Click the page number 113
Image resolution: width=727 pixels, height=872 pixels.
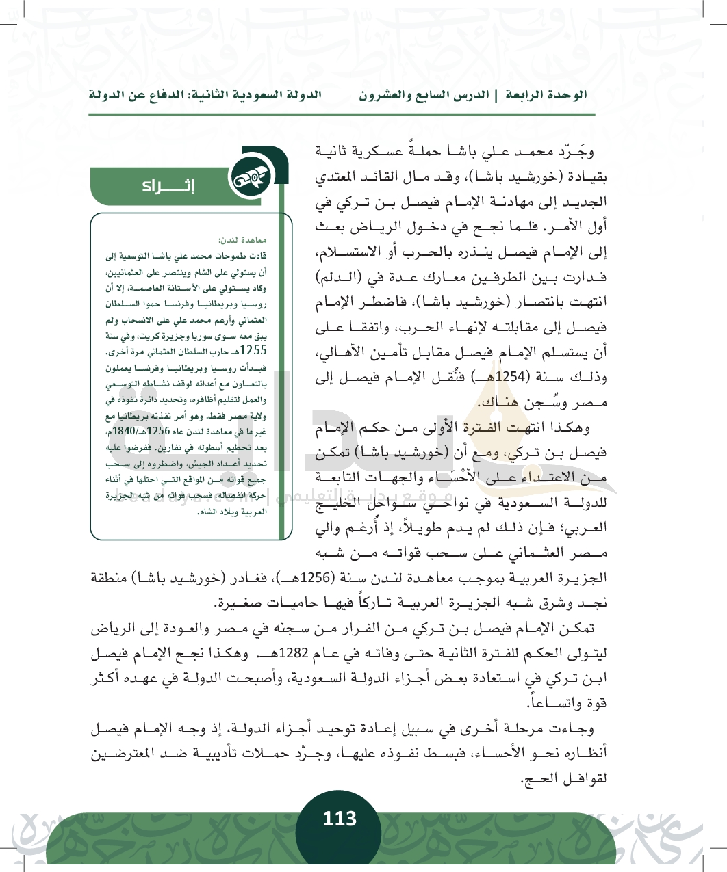[340, 819]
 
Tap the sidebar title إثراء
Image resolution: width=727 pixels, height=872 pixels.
[168, 186]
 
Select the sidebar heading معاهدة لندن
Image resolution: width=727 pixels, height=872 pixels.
[243, 240]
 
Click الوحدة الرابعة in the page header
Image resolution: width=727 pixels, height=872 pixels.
[546, 95]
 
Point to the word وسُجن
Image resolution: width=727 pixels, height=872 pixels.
[532, 403]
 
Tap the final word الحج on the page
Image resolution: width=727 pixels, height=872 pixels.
[535, 779]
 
